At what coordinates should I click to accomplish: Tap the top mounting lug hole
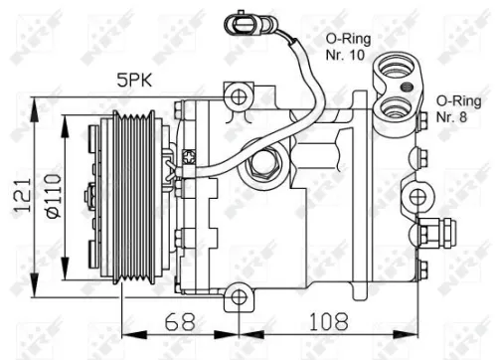point(236,96)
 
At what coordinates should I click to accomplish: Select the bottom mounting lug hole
point(236,295)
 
